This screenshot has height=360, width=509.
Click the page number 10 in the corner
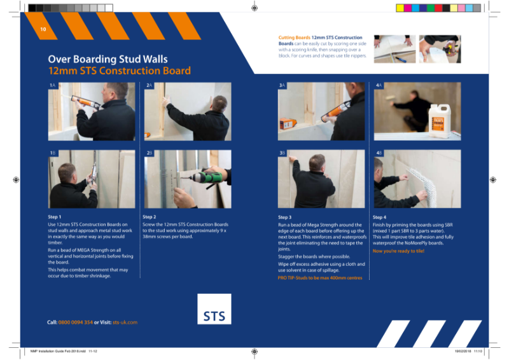43,29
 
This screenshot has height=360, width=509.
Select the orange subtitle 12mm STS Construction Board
120,71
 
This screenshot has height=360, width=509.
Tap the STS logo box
214,309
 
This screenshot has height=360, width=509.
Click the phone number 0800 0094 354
76,322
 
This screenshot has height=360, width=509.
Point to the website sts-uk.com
125,322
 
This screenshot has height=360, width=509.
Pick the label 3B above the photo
282,153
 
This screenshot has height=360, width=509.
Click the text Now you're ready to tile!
398,251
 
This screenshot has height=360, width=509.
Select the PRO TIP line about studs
320,278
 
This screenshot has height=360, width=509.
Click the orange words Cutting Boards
294,38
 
